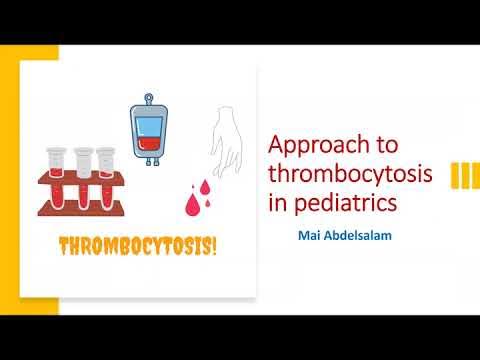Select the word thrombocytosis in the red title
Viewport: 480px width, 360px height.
click(351, 175)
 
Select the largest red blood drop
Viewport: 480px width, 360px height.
click(194, 203)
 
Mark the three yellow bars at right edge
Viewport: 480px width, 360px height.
click(463, 175)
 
